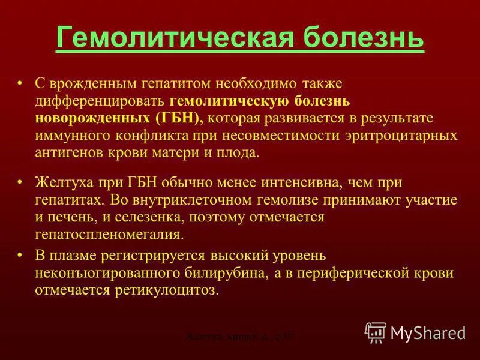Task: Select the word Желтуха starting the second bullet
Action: click(60, 182)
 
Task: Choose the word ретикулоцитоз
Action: click(164, 290)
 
